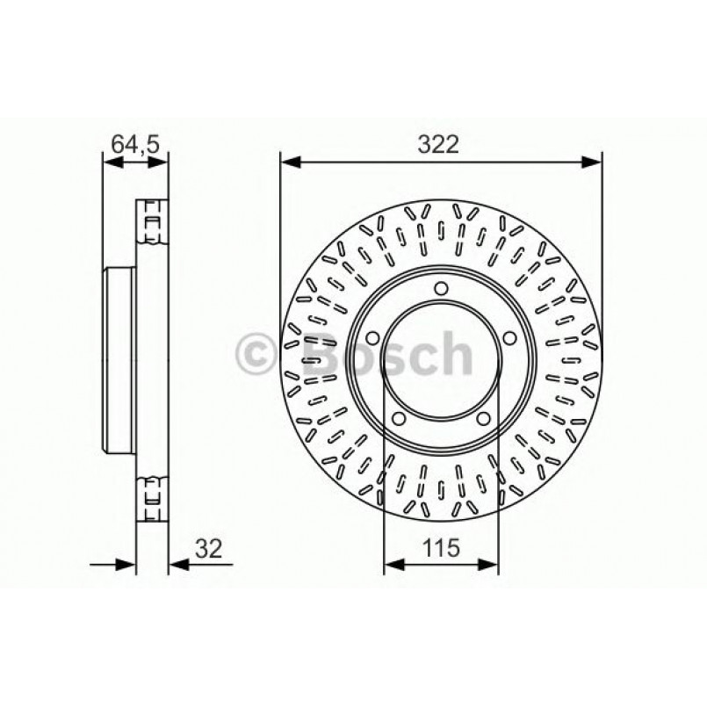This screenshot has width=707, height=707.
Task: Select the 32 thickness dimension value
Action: tap(206, 549)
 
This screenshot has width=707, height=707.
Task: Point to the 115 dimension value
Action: tap(441, 549)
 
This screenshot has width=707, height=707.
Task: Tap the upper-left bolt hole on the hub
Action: tap(370, 338)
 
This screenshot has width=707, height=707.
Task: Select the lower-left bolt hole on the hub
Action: tap(398, 420)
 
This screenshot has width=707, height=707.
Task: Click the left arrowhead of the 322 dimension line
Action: tap(290, 162)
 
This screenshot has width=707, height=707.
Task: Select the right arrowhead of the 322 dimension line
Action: tap(593, 162)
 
